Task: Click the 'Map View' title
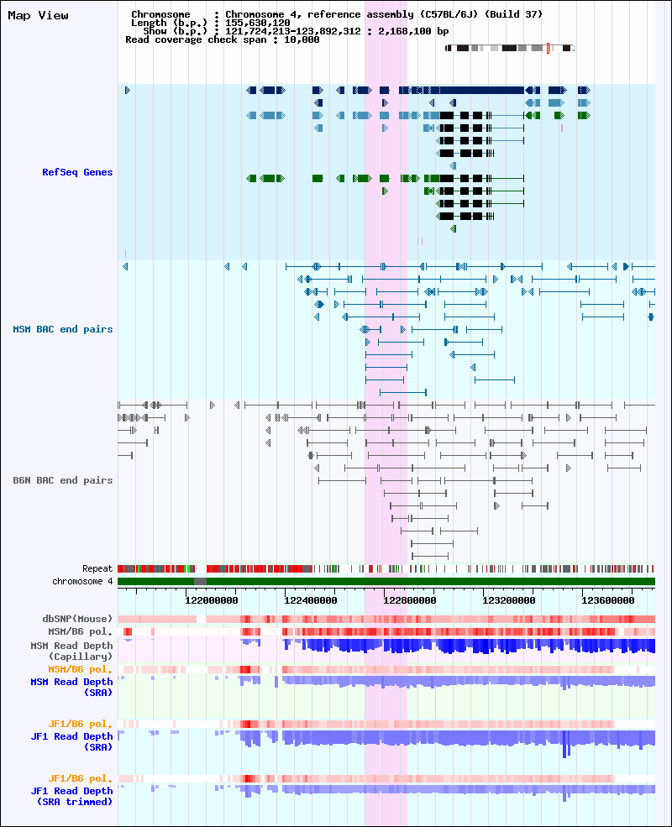click(x=38, y=15)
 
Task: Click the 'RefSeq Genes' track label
click(x=77, y=172)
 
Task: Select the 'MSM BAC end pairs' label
click(x=63, y=329)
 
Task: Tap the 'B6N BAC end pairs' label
click(x=63, y=480)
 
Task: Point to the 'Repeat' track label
click(x=97, y=568)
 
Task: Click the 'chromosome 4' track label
click(x=82, y=581)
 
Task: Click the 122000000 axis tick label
click(x=211, y=600)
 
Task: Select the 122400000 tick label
click(x=310, y=600)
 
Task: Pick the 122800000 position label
click(x=409, y=600)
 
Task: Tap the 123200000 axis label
click(x=508, y=600)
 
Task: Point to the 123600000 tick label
click(x=607, y=600)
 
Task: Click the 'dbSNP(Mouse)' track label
click(x=77, y=619)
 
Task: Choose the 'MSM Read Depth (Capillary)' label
click(x=71, y=651)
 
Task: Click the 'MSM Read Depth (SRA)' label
click(x=71, y=688)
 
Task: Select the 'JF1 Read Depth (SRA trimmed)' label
click(x=71, y=797)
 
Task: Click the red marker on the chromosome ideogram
click(x=548, y=49)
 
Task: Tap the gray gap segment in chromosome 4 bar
click(x=201, y=581)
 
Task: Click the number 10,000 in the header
click(x=302, y=39)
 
